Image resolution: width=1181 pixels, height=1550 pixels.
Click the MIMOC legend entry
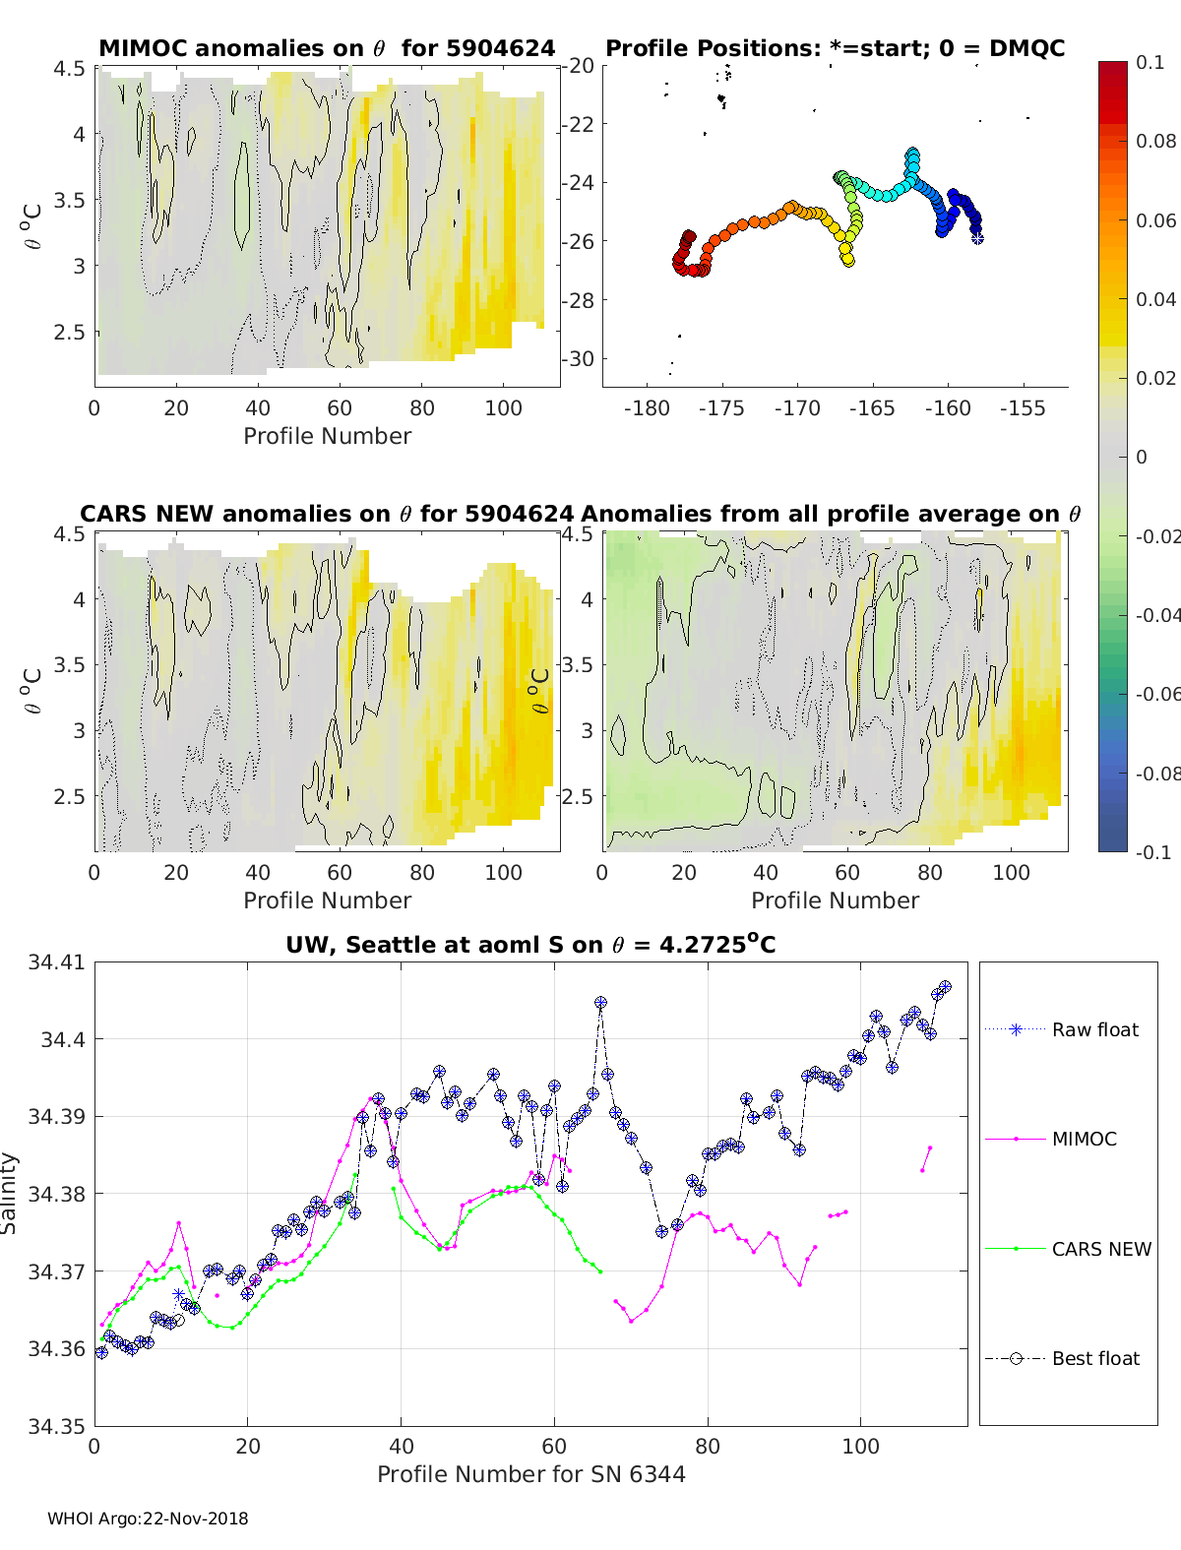1084,1139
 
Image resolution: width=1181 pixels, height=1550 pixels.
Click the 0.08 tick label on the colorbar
1155,141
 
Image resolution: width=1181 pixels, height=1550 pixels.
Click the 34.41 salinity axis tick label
56,961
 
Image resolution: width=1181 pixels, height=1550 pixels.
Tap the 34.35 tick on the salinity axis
56,1426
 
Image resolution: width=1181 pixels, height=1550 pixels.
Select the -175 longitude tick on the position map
721,408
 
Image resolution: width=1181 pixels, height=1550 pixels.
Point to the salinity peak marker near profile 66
600,1003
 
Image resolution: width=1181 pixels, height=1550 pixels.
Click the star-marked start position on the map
977,237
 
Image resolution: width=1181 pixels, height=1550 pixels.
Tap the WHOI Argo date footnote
148,1519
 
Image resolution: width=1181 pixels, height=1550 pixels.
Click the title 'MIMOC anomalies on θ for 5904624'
327,48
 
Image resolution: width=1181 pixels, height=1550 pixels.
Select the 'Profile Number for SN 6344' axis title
530,1474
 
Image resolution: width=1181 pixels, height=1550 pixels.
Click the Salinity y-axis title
9,1194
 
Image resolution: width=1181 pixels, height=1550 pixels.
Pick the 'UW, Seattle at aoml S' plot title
530,945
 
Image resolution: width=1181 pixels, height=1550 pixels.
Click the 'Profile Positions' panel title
835,48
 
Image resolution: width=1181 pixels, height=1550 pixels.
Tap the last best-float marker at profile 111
946,987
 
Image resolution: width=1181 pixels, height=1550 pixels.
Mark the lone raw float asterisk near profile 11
178,1294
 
